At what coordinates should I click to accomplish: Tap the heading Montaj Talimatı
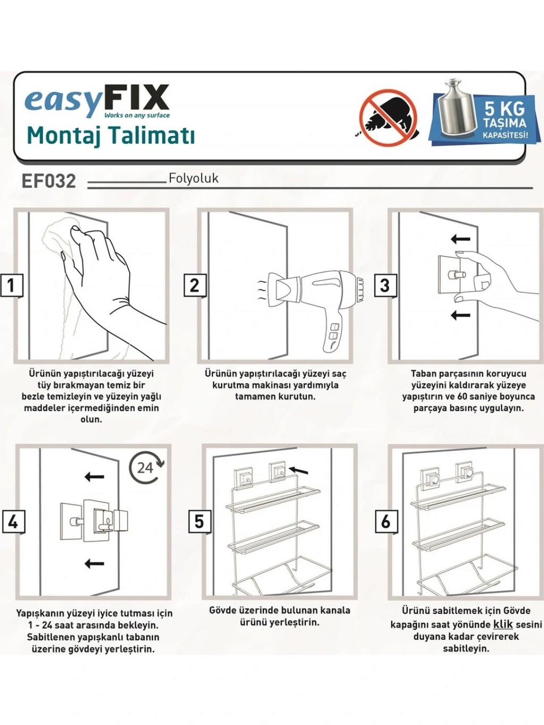110,135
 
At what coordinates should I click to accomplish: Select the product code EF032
49,181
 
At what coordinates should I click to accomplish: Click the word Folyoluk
193,178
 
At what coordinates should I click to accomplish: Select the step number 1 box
12,285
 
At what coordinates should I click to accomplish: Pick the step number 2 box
195,285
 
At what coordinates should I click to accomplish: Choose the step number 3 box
385,285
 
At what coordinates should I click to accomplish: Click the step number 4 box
13,522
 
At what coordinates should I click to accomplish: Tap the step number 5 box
200,522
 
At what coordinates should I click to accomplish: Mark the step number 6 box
386,522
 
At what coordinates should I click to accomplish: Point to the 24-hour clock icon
146,468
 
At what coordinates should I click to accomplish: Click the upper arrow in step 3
461,238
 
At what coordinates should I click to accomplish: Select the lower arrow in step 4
95,563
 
